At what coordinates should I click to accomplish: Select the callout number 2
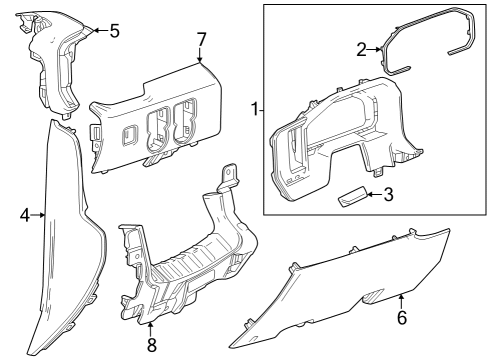pos(361,48)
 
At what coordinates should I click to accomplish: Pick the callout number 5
pos(114,31)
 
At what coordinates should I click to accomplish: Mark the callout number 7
pos(201,39)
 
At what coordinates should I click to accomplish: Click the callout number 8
pos(151,345)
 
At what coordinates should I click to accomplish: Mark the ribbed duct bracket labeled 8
pos(185,260)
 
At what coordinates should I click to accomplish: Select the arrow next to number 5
pos(98,31)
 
